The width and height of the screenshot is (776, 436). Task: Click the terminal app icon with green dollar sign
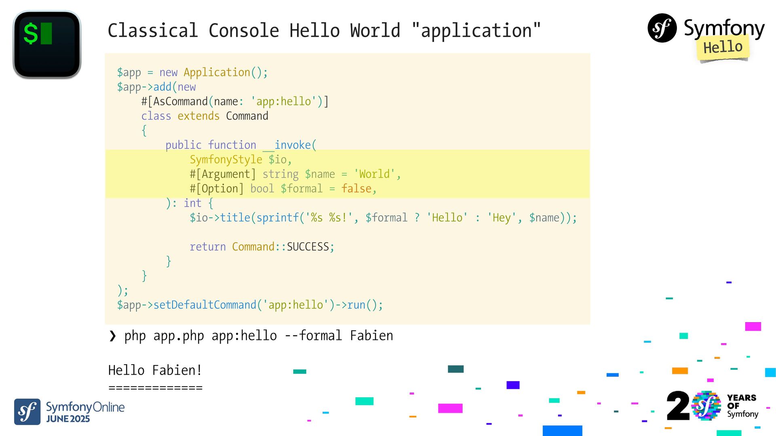(47, 44)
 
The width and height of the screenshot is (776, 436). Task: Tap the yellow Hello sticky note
(723, 48)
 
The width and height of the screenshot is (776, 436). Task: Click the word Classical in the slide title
(153, 31)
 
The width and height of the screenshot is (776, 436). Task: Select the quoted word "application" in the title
(476, 31)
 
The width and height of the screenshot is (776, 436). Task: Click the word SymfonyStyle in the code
(226, 160)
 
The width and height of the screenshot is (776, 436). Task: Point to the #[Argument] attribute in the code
(223, 174)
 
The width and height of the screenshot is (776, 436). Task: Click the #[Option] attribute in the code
(217, 189)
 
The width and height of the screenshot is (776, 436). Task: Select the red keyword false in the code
(356, 189)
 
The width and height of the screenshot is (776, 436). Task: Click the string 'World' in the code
(374, 174)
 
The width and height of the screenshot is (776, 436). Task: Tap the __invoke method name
(289, 145)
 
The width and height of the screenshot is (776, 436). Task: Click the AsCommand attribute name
(180, 101)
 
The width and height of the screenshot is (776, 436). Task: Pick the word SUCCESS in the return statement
(308, 247)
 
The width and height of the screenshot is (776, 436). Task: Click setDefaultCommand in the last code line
(205, 305)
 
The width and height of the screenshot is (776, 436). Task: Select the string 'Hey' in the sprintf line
(502, 218)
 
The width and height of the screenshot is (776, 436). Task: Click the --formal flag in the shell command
(313, 336)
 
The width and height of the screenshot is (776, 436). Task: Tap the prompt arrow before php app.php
(112, 336)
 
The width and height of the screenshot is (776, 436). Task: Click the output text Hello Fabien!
(155, 370)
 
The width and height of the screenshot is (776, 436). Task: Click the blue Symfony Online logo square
(27, 412)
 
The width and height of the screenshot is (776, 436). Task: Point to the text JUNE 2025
(68, 419)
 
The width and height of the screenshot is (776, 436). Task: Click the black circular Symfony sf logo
(662, 28)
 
